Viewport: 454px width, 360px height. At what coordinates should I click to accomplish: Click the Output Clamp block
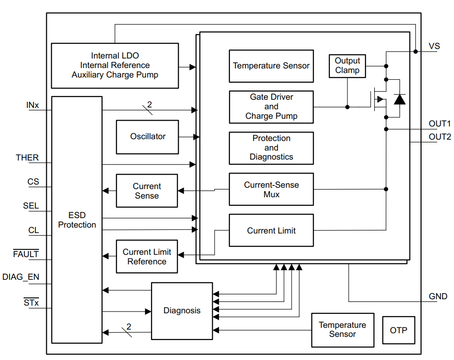click(x=347, y=66)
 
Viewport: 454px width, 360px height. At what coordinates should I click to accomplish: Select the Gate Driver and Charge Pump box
click(x=271, y=107)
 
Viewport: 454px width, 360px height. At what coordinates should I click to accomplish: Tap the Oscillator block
click(x=147, y=136)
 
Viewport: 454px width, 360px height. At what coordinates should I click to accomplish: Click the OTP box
click(x=398, y=330)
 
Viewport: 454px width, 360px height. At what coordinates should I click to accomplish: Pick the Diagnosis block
click(x=181, y=311)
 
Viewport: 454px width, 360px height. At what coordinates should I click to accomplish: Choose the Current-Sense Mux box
click(x=271, y=190)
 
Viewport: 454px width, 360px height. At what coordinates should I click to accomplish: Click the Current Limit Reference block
click(x=146, y=257)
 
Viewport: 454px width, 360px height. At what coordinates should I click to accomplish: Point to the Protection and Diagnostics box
click(x=271, y=148)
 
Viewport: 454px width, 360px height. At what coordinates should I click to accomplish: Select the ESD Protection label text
click(x=77, y=220)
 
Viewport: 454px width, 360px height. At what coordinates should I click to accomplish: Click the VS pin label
click(x=434, y=46)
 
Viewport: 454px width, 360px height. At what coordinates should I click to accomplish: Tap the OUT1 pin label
click(x=439, y=123)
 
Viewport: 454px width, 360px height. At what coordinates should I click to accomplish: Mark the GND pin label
click(x=438, y=297)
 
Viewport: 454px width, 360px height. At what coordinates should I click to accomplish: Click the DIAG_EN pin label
click(x=21, y=277)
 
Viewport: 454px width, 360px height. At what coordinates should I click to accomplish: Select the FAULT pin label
click(x=26, y=254)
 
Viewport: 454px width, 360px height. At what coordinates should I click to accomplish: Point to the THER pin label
click(x=27, y=158)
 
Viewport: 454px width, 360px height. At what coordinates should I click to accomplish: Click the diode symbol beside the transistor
click(x=400, y=99)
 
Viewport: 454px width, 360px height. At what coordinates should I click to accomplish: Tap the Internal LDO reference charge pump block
click(x=115, y=65)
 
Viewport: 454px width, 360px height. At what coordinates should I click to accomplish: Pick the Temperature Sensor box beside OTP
click(x=342, y=330)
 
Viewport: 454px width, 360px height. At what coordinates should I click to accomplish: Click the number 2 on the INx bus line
click(x=149, y=105)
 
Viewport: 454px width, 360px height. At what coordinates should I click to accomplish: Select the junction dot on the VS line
click(x=415, y=52)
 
